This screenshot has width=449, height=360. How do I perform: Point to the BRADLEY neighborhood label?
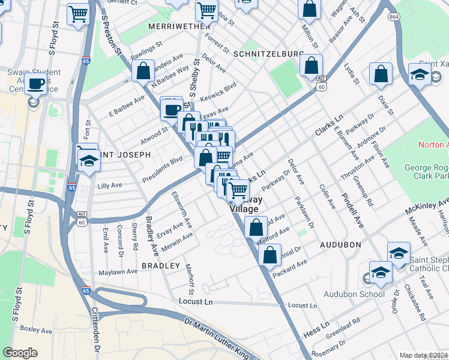(160, 265)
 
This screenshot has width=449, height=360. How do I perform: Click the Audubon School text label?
(354, 294)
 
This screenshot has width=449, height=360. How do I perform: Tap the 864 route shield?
(394, 17)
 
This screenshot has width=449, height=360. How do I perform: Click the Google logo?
(20, 353)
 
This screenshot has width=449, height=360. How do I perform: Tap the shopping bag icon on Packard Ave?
(270, 254)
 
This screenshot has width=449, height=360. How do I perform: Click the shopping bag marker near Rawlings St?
(143, 71)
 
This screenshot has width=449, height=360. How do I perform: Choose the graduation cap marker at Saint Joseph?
(89, 161)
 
